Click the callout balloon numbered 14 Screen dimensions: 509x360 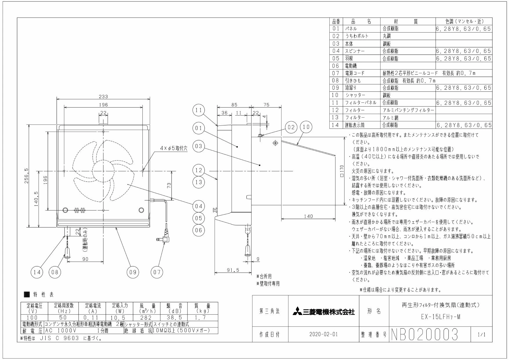tap(37, 272)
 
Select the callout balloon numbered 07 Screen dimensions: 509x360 tap(157, 272)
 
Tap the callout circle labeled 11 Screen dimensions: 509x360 tap(199, 110)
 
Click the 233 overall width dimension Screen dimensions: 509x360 tap(103, 97)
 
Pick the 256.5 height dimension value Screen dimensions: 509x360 tap(26, 178)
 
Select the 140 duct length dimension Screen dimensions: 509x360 tap(308, 216)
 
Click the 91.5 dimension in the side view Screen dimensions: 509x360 tap(233, 270)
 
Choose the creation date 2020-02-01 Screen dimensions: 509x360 tap(324, 334)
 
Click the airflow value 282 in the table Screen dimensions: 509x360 tap(146, 318)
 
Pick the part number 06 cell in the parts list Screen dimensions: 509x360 tap(336, 66)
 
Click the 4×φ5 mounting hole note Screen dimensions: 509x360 tap(174, 148)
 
